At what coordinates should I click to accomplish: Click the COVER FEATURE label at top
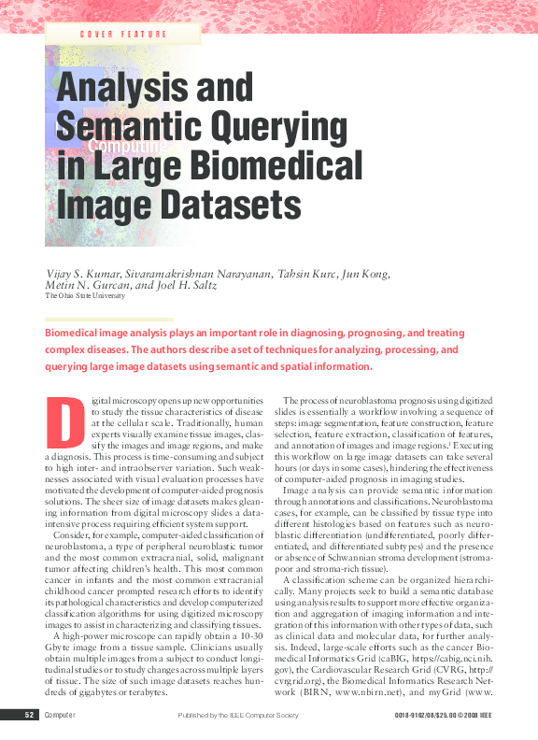(124, 35)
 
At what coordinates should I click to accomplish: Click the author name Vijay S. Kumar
(81, 273)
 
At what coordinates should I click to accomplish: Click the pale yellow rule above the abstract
(109, 320)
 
